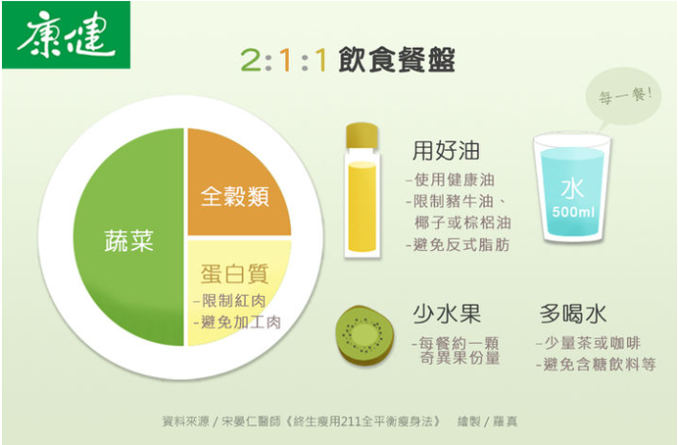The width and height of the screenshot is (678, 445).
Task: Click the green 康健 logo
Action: pyautogui.click(x=66, y=35)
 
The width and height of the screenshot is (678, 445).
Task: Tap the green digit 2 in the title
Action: pyautogui.click(x=251, y=59)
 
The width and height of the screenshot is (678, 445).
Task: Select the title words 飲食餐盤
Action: pyautogui.click(x=397, y=59)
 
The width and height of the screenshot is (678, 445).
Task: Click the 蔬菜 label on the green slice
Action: pyautogui.click(x=129, y=241)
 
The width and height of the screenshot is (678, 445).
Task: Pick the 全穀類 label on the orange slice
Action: pyautogui.click(x=235, y=197)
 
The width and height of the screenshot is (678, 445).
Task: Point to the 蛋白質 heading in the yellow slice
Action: pyautogui.click(x=235, y=274)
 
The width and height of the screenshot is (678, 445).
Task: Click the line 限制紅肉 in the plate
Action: pyautogui.click(x=230, y=301)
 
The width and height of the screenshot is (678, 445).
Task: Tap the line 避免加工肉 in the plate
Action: pyautogui.click(x=237, y=322)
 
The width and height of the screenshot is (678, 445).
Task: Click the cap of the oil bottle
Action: pyautogui.click(x=361, y=136)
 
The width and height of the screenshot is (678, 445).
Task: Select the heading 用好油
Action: pyautogui.click(x=447, y=151)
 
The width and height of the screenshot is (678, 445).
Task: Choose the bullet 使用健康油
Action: pyautogui.click(x=450, y=180)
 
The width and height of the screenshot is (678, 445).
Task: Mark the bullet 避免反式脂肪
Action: pyautogui.click(x=458, y=244)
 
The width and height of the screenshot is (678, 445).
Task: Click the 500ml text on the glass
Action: pyautogui.click(x=573, y=212)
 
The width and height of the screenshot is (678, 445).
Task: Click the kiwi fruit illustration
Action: pyautogui.click(x=365, y=335)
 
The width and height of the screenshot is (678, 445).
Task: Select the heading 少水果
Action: pyautogui.click(x=447, y=314)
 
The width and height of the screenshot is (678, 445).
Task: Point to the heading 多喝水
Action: pyautogui.click(x=574, y=314)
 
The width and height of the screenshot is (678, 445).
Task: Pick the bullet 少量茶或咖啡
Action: pyautogui.click(x=588, y=343)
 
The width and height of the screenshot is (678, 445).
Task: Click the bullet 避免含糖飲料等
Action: pyautogui.click(x=597, y=365)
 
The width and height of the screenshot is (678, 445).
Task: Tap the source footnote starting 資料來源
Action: pyautogui.click(x=339, y=421)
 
